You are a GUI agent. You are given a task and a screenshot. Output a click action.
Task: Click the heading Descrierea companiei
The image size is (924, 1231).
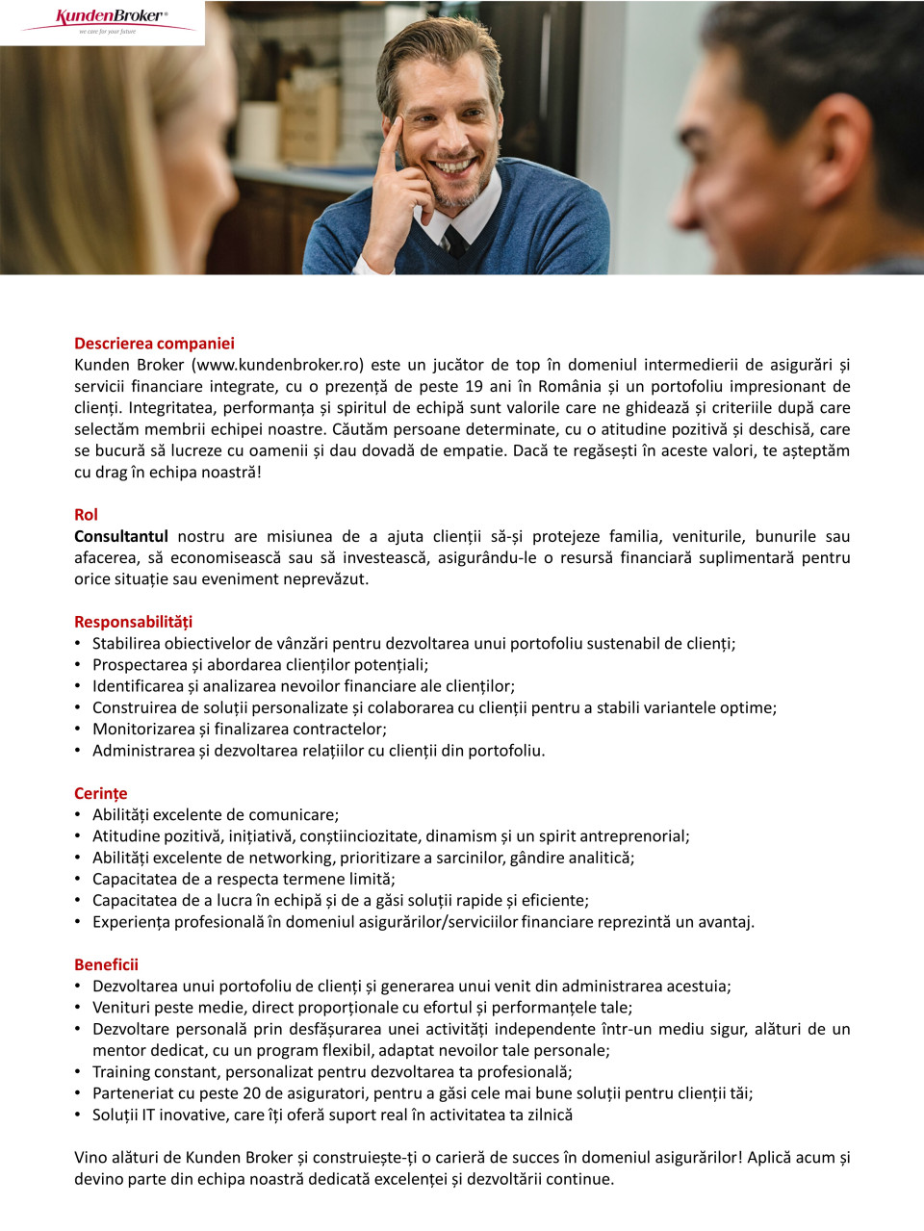pos(154,344)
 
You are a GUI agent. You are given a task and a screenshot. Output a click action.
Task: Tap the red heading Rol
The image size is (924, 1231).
pos(86,515)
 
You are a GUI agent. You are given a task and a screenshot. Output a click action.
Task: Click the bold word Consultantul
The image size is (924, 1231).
pos(121,536)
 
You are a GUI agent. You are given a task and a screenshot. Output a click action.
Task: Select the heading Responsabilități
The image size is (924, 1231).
pos(133,622)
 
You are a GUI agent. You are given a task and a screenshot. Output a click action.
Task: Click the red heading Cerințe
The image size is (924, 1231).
pos(100,793)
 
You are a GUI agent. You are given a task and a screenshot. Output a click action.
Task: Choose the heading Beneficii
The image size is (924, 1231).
pos(106,964)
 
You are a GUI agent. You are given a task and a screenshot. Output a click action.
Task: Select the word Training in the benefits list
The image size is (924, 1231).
pos(121,1072)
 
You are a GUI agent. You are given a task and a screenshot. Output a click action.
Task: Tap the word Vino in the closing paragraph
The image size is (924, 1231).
pos(91,1158)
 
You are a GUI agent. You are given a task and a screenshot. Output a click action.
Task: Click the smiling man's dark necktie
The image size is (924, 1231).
pos(455,241)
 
